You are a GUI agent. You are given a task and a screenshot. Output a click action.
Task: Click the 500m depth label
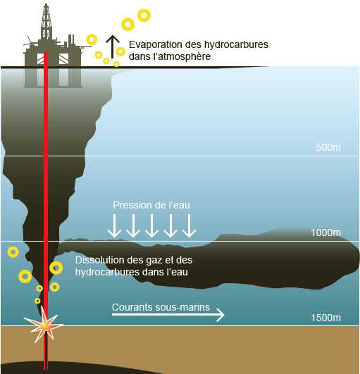click(328, 147)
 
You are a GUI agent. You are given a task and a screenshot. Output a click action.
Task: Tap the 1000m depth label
click(326, 232)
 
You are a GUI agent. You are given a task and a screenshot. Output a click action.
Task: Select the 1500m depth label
click(326, 318)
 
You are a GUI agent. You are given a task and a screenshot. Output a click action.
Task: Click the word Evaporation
click(155, 44)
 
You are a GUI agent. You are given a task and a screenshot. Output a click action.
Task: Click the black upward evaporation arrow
click(112, 46)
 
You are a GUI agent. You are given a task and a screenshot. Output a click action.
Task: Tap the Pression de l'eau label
click(151, 205)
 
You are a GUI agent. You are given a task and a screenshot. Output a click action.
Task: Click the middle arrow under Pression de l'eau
click(151, 225)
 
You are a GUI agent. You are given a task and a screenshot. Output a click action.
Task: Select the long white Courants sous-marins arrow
click(168, 315)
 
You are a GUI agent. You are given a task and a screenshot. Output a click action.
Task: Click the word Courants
click(132, 307)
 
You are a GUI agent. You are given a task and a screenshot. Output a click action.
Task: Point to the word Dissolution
click(100, 260)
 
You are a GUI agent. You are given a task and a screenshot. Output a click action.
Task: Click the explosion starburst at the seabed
click(44, 325)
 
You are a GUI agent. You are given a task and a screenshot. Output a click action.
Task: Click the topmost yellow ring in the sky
click(144, 15)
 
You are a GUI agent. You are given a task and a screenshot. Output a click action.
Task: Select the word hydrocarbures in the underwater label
click(103, 272)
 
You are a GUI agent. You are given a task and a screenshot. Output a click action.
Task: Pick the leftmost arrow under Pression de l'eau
click(115, 225)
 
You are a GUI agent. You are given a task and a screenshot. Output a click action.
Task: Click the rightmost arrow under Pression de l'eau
click(190, 225)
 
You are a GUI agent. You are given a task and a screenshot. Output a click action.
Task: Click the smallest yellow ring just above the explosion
click(37, 301)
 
